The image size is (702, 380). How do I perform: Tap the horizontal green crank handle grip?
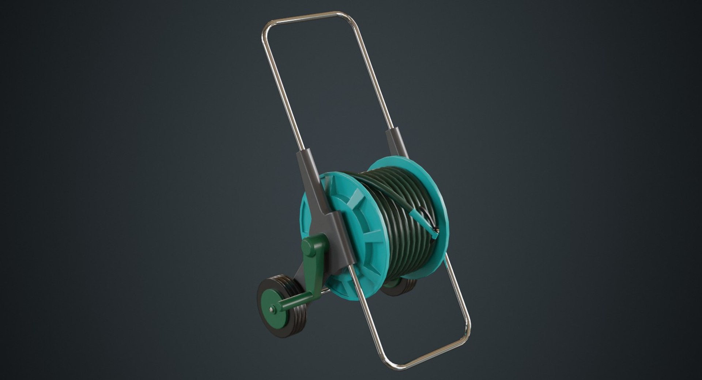click(x=292, y=302)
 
